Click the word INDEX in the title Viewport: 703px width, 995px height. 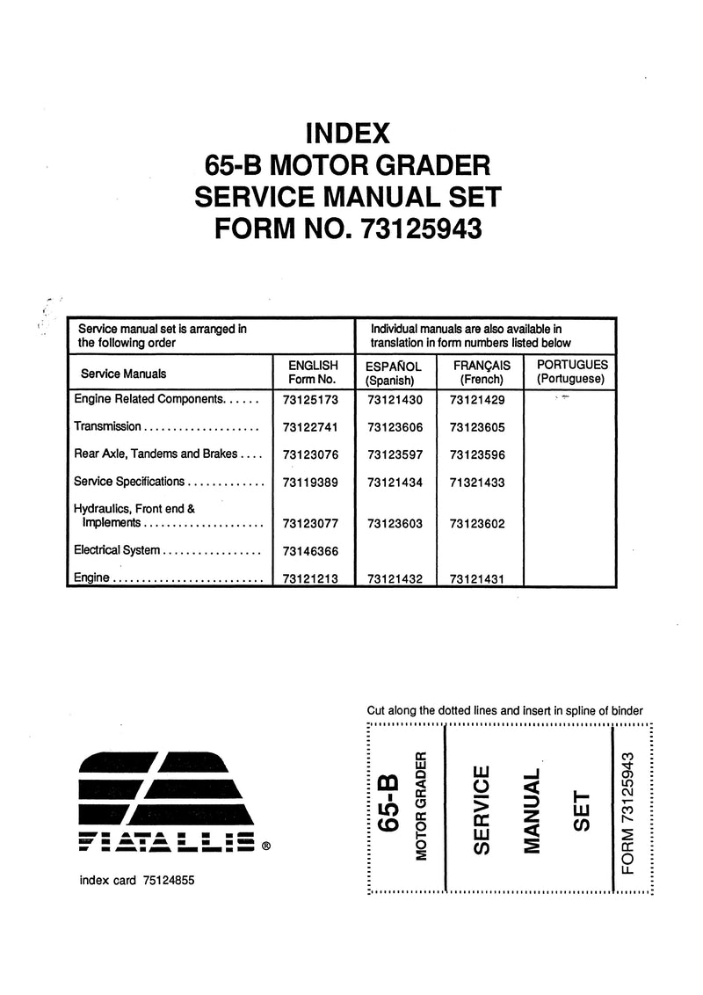point(347,134)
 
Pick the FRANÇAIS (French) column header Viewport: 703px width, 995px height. point(481,372)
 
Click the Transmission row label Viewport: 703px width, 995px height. point(107,426)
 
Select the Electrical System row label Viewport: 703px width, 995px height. point(117,550)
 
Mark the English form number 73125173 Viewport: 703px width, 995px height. point(306,399)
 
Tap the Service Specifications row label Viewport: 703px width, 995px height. point(129,482)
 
